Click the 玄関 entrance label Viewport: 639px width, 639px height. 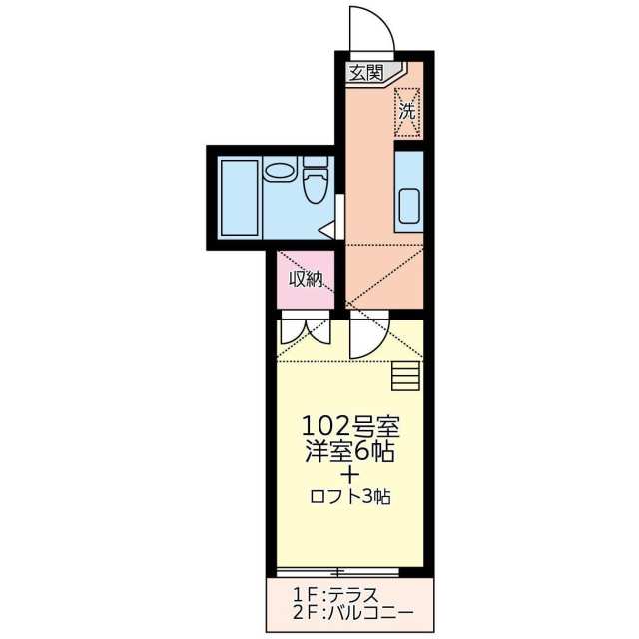click(x=366, y=73)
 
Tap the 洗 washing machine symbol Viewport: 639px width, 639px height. click(x=407, y=112)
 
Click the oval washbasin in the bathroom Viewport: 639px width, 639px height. click(x=279, y=171)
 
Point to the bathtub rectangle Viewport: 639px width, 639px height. click(x=240, y=198)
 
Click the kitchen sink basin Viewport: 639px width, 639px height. click(x=410, y=206)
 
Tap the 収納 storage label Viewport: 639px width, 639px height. click(x=306, y=279)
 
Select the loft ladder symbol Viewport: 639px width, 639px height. click(x=406, y=376)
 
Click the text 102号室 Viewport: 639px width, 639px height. click(x=350, y=426)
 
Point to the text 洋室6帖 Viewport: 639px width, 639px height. click(x=350, y=451)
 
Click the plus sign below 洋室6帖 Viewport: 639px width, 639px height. click(x=350, y=475)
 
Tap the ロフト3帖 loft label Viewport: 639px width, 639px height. click(x=350, y=497)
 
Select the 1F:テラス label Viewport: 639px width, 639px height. click(x=335, y=596)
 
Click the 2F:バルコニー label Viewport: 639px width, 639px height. click(x=352, y=612)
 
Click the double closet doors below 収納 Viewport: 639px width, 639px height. click(x=306, y=328)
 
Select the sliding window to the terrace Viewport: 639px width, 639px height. click(x=337, y=572)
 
